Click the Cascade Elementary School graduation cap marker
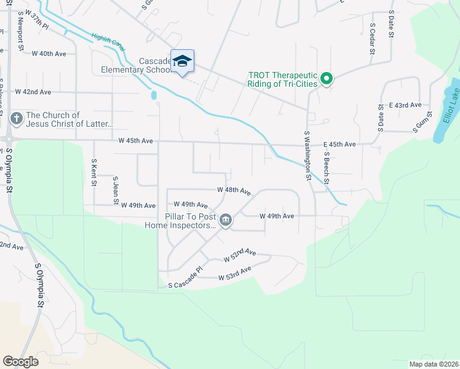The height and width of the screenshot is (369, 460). tap(182, 61)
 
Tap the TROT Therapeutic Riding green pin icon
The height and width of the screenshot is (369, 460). tap(327, 78)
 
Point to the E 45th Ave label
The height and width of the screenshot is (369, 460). tap(339, 145)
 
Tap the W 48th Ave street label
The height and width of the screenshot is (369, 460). tap(234, 191)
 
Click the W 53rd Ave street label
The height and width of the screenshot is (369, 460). tap(235, 274)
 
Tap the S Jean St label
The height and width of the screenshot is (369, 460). tap(115, 190)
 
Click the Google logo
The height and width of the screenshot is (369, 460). tap(20, 361)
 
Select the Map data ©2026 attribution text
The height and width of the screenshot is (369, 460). tap(433, 363)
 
